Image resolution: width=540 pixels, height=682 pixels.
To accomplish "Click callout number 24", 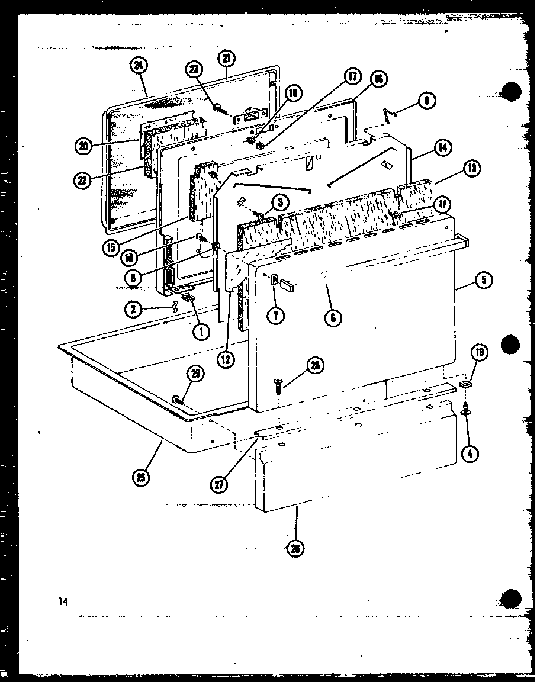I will [139, 66].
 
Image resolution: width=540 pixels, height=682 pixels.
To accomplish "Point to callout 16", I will [378, 79].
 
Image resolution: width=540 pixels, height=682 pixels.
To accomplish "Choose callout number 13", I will [472, 168].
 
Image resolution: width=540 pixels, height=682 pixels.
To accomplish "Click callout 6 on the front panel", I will [333, 318].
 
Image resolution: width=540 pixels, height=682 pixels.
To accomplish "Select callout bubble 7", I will [275, 316].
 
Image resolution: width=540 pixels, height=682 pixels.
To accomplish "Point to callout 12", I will [225, 359].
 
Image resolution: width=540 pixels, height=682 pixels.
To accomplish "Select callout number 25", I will [141, 475].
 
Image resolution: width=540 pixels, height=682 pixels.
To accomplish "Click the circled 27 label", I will [220, 485].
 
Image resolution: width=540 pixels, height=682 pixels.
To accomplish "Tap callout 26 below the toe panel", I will [295, 549].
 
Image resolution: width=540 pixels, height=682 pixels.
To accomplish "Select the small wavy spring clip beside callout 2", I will [175, 307].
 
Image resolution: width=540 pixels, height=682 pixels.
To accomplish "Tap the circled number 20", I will [83, 145].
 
